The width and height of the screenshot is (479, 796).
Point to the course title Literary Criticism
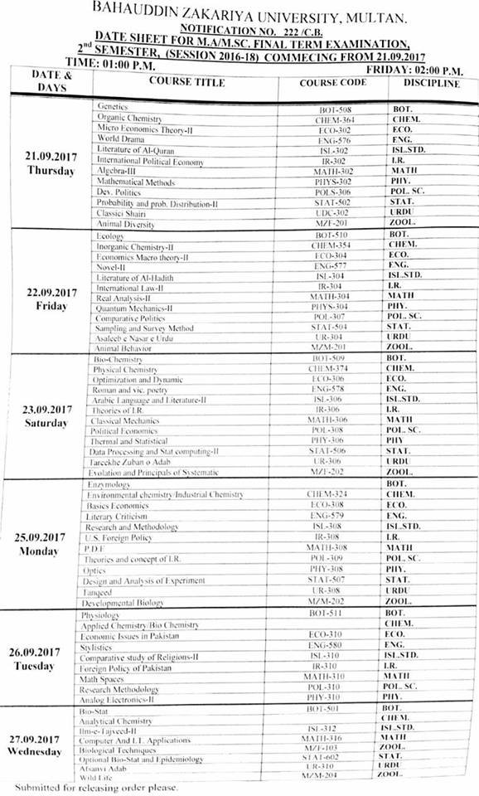pyautogui.click(x=116, y=517)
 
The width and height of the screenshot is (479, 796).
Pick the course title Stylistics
pyautogui.click(x=96, y=646)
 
